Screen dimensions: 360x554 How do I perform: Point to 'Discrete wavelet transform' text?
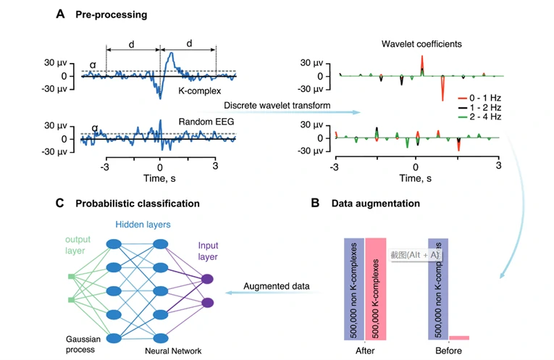pos(277,106)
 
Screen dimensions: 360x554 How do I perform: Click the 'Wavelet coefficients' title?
pos(416,44)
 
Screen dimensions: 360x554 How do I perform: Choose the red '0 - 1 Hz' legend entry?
pos(479,96)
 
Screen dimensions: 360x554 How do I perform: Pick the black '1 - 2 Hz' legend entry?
pos(479,106)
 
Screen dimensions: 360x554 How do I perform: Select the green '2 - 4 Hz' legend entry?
pos(479,117)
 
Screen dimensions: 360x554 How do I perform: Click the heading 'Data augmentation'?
pos(375,204)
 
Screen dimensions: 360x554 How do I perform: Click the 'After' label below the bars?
pos(364,351)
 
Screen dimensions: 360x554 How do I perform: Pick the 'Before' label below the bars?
pos(448,351)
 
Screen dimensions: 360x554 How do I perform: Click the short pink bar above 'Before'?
pos(458,338)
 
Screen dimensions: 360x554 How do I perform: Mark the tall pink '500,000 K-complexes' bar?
pos(380,288)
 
